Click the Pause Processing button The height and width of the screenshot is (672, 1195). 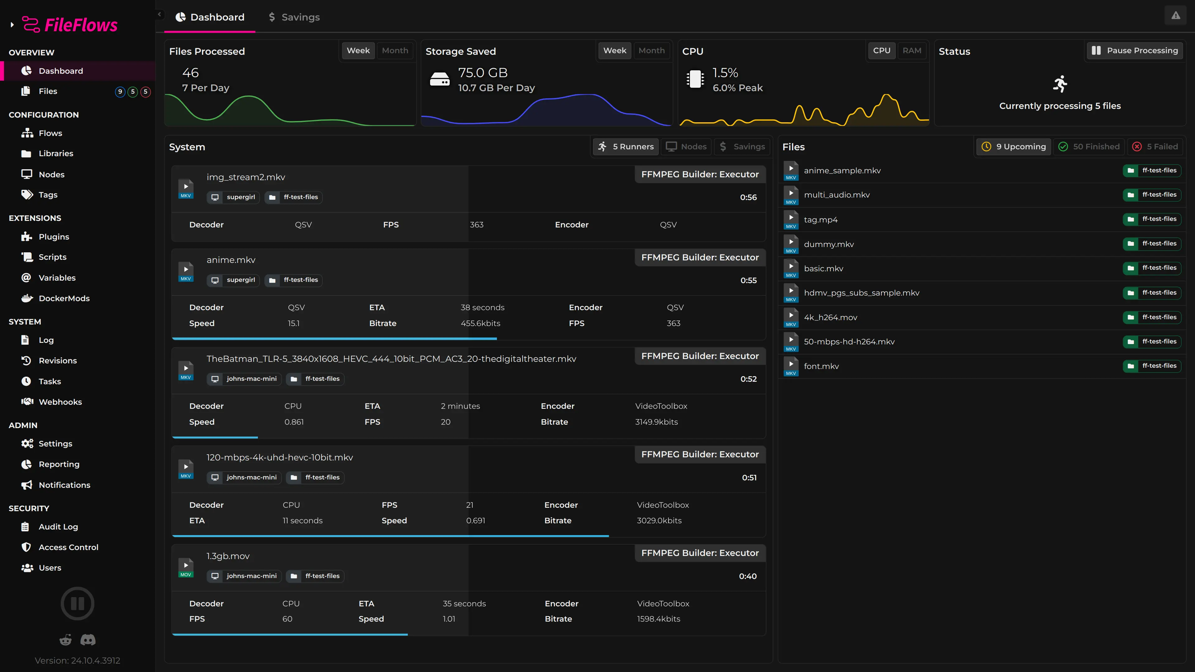click(1135, 50)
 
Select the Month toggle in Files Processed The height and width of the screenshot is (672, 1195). click(395, 50)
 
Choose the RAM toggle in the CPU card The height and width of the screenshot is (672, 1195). click(911, 50)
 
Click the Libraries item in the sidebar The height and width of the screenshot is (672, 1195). click(56, 153)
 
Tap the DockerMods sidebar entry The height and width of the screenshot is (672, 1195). click(64, 298)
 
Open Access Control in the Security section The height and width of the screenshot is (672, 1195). click(68, 547)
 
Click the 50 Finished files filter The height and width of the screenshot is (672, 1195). click(1089, 147)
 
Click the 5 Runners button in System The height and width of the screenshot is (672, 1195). click(626, 147)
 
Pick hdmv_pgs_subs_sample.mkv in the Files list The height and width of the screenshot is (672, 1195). click(861, 293)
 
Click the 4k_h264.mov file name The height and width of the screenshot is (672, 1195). click(830, 317)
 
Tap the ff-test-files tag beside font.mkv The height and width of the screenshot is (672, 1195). click(1152, 366)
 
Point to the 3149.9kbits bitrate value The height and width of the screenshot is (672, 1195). click(656, 422)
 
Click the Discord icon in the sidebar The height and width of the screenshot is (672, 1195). click(88, 640)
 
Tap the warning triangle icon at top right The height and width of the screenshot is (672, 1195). click(1175, 16)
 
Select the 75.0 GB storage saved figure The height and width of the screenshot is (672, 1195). click(482, 73)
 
